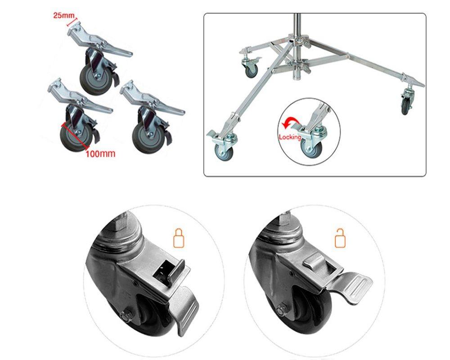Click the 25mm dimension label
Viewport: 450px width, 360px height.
(x=64, y=15)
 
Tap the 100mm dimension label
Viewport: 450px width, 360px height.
(x=100, y=153)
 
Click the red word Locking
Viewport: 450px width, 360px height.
(x=290, y=137)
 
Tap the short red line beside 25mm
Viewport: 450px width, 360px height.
(x=72, y=22)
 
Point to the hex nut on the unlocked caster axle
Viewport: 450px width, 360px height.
(x=282, y=310)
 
